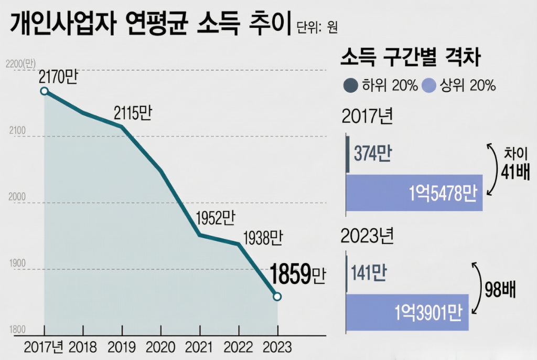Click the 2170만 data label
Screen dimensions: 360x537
(58, 78)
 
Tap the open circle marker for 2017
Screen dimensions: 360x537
(45, 91)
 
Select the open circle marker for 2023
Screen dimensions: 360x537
(277, 297)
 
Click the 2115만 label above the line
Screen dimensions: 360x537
(133, 113)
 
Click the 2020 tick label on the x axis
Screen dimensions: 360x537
(161, 347)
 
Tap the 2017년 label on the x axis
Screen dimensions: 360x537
(45, 347)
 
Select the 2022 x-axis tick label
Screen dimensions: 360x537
(239, 347)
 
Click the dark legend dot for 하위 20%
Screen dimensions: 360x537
(350, 86)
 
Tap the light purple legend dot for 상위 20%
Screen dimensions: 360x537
(429, 86)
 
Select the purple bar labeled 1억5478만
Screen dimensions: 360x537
(414, 193)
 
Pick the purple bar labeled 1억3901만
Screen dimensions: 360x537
(407, 312)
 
